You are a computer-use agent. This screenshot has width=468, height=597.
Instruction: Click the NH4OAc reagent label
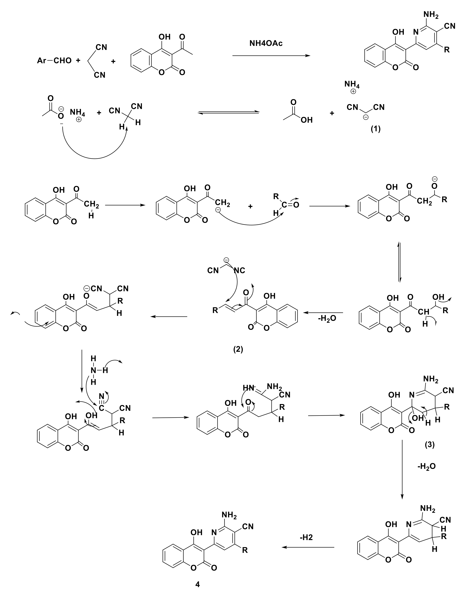pos(266,43)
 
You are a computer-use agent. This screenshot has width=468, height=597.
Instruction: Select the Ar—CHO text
pos(54,61)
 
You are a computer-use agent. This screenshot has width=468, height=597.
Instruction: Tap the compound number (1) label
pos(376,129)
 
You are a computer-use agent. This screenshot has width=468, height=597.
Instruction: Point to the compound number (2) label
pos(238,349)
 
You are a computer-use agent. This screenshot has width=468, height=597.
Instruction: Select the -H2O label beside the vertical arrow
pos(426,466)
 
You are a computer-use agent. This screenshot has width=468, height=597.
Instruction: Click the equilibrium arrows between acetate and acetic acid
pos(229,112)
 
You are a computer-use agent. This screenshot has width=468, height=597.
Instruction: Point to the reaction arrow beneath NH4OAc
pos(271,56)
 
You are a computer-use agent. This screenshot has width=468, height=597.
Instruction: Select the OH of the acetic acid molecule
pos(306,120)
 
